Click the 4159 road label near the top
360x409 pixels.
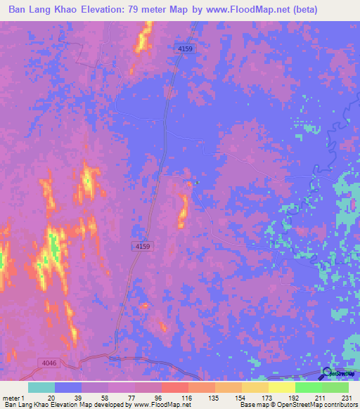point(184,48)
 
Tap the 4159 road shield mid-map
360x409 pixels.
point(141,246)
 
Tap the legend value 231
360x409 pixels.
point(348,398)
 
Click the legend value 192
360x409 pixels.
point(295,398)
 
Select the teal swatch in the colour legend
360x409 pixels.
point(41,387)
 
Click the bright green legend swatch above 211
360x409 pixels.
point(309,387)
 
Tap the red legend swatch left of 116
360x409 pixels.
point(175,387)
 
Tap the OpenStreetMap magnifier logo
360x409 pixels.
point(326,372)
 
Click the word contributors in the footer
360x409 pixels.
point(337,405)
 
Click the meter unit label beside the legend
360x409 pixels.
point(10,398)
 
